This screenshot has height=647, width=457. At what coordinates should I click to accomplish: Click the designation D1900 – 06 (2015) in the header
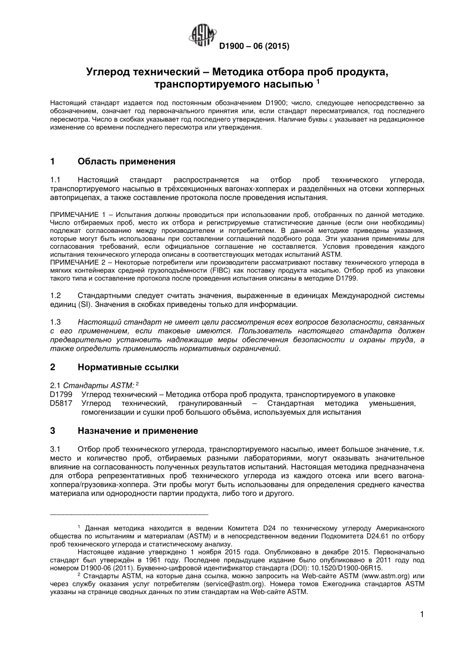(254, 47)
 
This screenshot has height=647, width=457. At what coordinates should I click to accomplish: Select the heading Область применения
(127, 161)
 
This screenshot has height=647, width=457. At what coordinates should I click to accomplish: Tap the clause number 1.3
(55, 321)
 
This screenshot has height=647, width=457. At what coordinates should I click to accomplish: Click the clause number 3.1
(55, 449)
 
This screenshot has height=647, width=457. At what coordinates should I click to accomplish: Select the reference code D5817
(61, 403)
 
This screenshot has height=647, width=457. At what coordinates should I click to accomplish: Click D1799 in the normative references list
(61, 394)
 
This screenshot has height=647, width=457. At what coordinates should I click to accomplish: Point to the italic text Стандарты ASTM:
(99, 385)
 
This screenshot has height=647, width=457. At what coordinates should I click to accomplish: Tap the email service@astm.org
(230, 584)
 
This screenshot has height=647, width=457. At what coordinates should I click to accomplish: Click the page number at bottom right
(422, 614)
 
